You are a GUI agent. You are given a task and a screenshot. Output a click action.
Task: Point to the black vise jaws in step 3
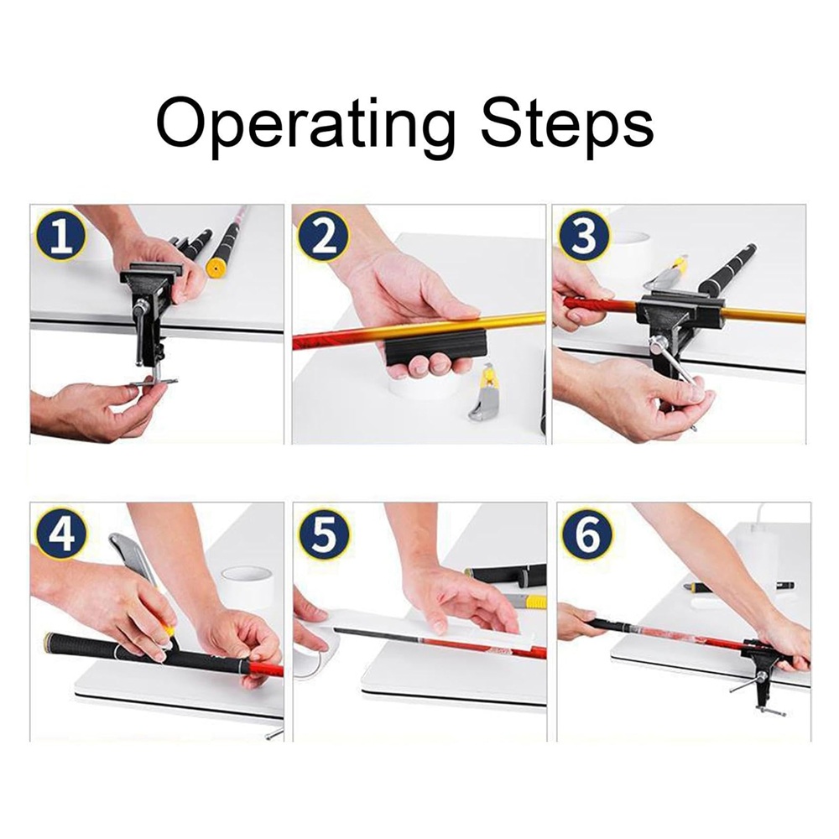tap(680, 311)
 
